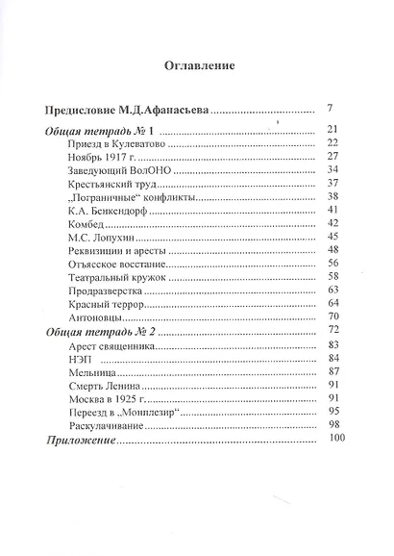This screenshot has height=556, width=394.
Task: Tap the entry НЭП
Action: pos(81,358)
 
